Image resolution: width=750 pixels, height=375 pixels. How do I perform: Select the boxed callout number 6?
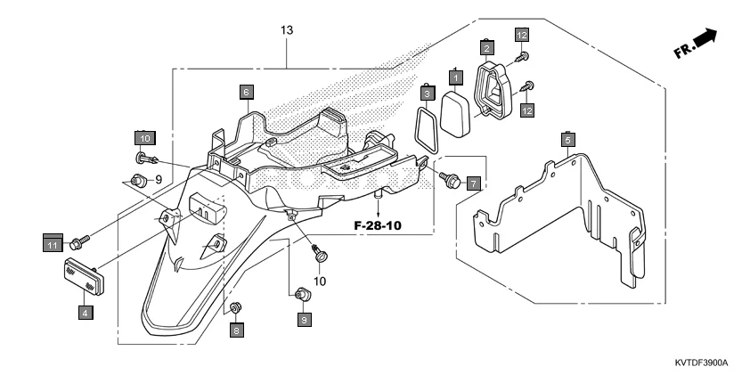tap(246, 91)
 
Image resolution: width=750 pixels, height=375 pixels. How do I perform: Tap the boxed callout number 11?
tap(53, 243)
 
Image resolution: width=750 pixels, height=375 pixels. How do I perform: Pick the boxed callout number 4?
tap(85, 313)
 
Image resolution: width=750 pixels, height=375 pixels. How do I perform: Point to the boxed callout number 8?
tap(236, 330)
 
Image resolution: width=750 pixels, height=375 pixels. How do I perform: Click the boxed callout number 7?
tap(473, 183)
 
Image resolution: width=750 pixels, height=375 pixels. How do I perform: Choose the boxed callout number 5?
tap(567, 140)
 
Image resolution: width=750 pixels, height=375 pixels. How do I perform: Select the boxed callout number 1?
tap(455, 78)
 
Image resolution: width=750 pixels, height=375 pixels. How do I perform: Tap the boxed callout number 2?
tap(487, 47)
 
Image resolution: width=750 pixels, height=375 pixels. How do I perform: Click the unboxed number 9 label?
tap(158, 180)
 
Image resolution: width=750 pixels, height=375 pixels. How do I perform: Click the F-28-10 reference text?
tap(379, 226)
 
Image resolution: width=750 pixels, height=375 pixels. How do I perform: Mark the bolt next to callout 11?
tap(81, 240)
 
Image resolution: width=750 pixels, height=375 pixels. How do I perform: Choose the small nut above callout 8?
tap(236, 308)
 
